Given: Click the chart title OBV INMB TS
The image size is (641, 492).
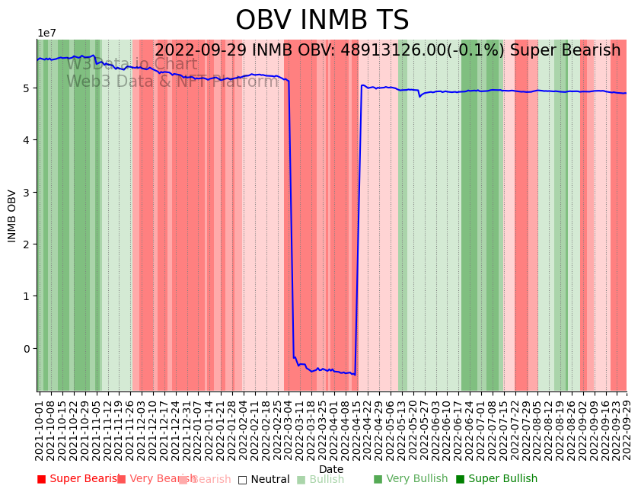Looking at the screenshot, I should coord(322,21).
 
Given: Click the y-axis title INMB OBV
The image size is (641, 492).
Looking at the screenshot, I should coord(12,216).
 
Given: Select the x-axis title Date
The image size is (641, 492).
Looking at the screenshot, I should coord(331,469).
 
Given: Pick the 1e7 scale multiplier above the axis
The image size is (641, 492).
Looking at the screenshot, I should coord(47,34).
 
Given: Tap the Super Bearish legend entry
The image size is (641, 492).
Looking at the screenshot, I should coord(79,479).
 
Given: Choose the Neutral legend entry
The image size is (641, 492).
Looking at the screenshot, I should coord(263,479).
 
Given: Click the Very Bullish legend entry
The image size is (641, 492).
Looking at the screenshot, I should coord(410,479).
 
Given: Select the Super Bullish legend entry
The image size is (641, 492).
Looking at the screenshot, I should coord(496,479).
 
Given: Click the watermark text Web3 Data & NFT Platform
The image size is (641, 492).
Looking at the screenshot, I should coord(172,81).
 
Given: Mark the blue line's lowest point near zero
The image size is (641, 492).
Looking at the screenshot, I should coord(355,375).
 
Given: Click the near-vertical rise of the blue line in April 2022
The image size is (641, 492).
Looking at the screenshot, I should coord(358,228).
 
